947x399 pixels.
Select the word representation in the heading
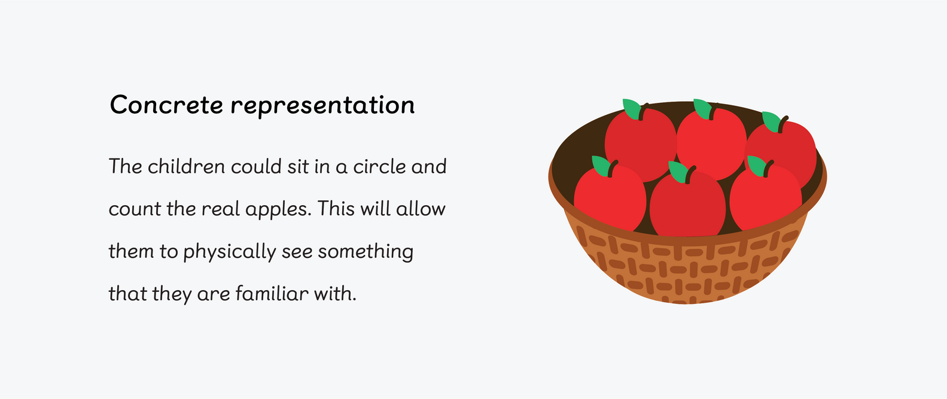point(322,106)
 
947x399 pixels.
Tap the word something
point(365,252)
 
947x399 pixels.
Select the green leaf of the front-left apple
point(600,165)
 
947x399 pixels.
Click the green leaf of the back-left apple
point(631,108)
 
